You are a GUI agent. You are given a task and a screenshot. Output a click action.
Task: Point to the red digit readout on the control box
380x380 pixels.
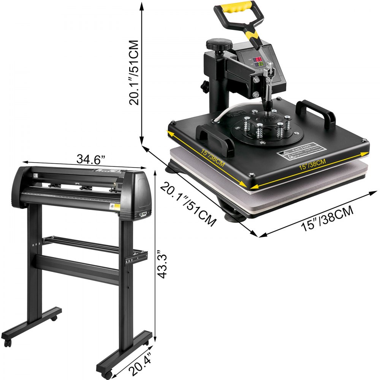click(258, 60)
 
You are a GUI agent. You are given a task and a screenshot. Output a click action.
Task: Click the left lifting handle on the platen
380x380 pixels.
click(215, 138)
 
